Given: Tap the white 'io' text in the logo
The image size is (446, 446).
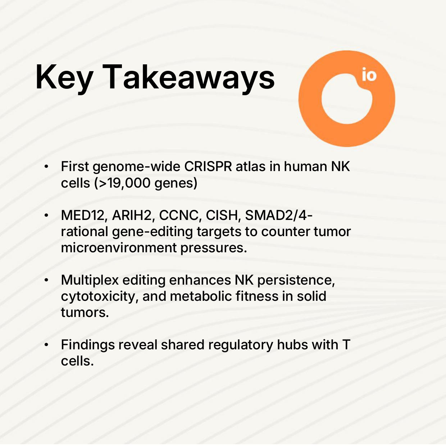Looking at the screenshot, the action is pyautogui.click(x=369, y=74).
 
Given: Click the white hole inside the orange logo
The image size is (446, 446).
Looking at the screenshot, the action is pyautogui.click(x=347, y=99).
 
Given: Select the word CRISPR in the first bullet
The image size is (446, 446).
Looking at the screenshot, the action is pyautogui.click(x=208, y=166).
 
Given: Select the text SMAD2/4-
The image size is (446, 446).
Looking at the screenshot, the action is pyautogui.click(x=279, y=215).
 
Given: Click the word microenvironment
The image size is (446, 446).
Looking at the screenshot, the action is pyautogui.click(x=119, y=247).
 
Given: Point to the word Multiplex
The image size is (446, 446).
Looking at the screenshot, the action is pyautogui.click(x=90, y=280).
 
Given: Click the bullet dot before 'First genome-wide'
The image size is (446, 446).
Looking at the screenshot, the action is pyautogui.click(x=46, y=167).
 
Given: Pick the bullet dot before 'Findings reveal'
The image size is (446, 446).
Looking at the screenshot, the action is pyautogui.click(x=46, y=345).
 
